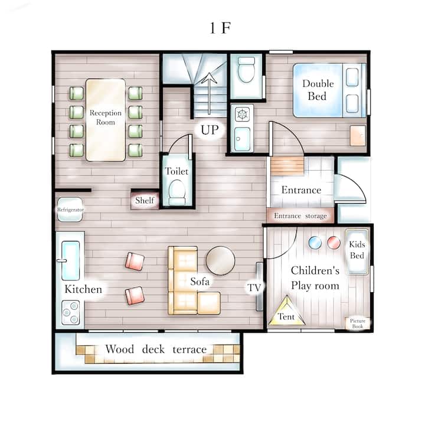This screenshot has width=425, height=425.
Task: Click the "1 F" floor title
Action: [x=220, y=28]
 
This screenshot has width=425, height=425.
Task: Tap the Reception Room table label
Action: [x=106, y=117]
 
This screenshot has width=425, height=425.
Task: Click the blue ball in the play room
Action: [x=315, y=243]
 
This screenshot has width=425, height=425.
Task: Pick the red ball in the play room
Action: [x=334, y=243]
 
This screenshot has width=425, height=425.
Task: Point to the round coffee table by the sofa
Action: [x=220, y=260]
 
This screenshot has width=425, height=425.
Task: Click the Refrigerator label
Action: [x=70, y=210]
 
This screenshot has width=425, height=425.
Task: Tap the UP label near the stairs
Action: [x=210, y=130]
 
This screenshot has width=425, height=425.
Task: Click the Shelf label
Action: [x=145, y=200]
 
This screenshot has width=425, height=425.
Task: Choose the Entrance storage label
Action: [x=300, y=216]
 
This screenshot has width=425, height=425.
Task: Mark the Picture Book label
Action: [x=358, y=323]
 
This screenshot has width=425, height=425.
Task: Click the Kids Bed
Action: [x=357, y=252]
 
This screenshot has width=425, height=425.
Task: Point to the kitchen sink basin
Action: [x=70, y=260]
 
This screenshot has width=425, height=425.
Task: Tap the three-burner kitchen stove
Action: [x=70, y=312]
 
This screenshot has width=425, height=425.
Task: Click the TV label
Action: [x=254, y=287]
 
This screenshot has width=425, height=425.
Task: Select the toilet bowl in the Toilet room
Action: [x=177, y=192]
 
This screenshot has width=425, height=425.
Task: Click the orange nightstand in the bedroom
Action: [x=358, y=136]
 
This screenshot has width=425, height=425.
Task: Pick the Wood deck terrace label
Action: [x=156, y=349]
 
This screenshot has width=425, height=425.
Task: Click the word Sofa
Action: [x=200, y=282]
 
